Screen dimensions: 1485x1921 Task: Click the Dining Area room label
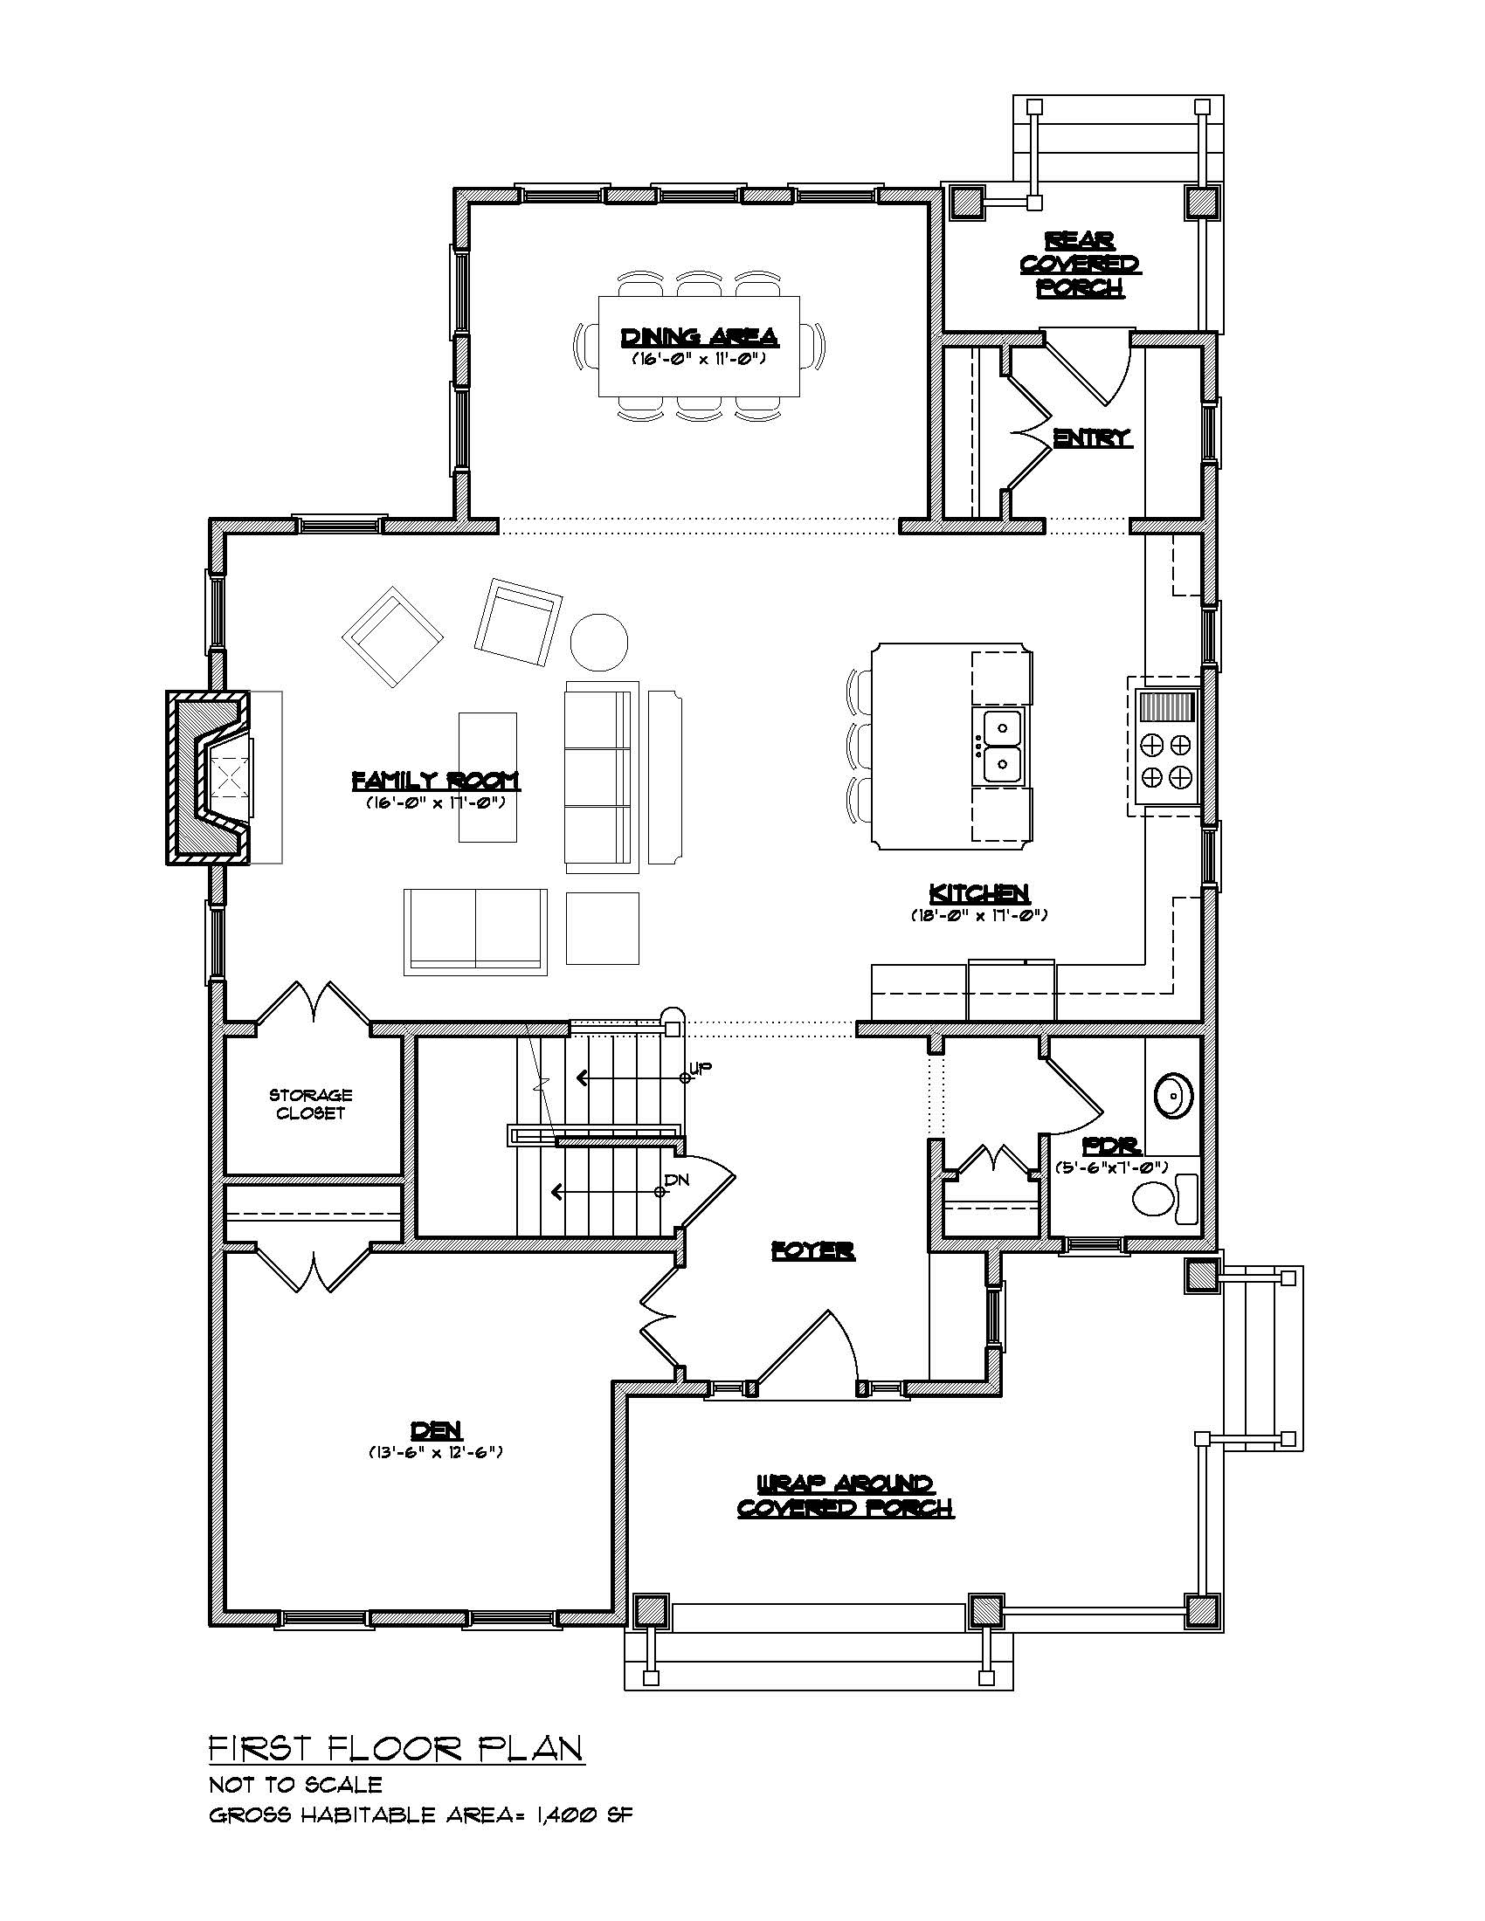[x=700, y=337]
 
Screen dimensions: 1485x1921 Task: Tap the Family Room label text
[x=436, y=780]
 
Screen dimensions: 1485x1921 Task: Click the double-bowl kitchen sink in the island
[x=999, y=746]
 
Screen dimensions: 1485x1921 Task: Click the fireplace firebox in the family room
[x=225, y=776]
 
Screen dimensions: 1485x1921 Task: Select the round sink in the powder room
[x=1174, y=1096]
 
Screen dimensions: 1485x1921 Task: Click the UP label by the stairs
[x=701, y=1068]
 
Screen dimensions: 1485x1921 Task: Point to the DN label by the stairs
[x=676, y=1179]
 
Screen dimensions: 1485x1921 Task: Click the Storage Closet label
[x=311, y=1104]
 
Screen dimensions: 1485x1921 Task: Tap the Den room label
[x=437, y=1430]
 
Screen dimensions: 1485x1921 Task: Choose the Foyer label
[x=813, y=1250]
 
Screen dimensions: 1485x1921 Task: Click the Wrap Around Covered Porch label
[x=845, y=1496]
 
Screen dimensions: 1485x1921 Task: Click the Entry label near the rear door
[x=1092, y=437]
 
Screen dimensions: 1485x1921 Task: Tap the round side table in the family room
[x=599, y=641]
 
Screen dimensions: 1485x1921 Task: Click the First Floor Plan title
[x=396, y=1748]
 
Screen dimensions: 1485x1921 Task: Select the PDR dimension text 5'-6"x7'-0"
[x=1112, y=1167]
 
